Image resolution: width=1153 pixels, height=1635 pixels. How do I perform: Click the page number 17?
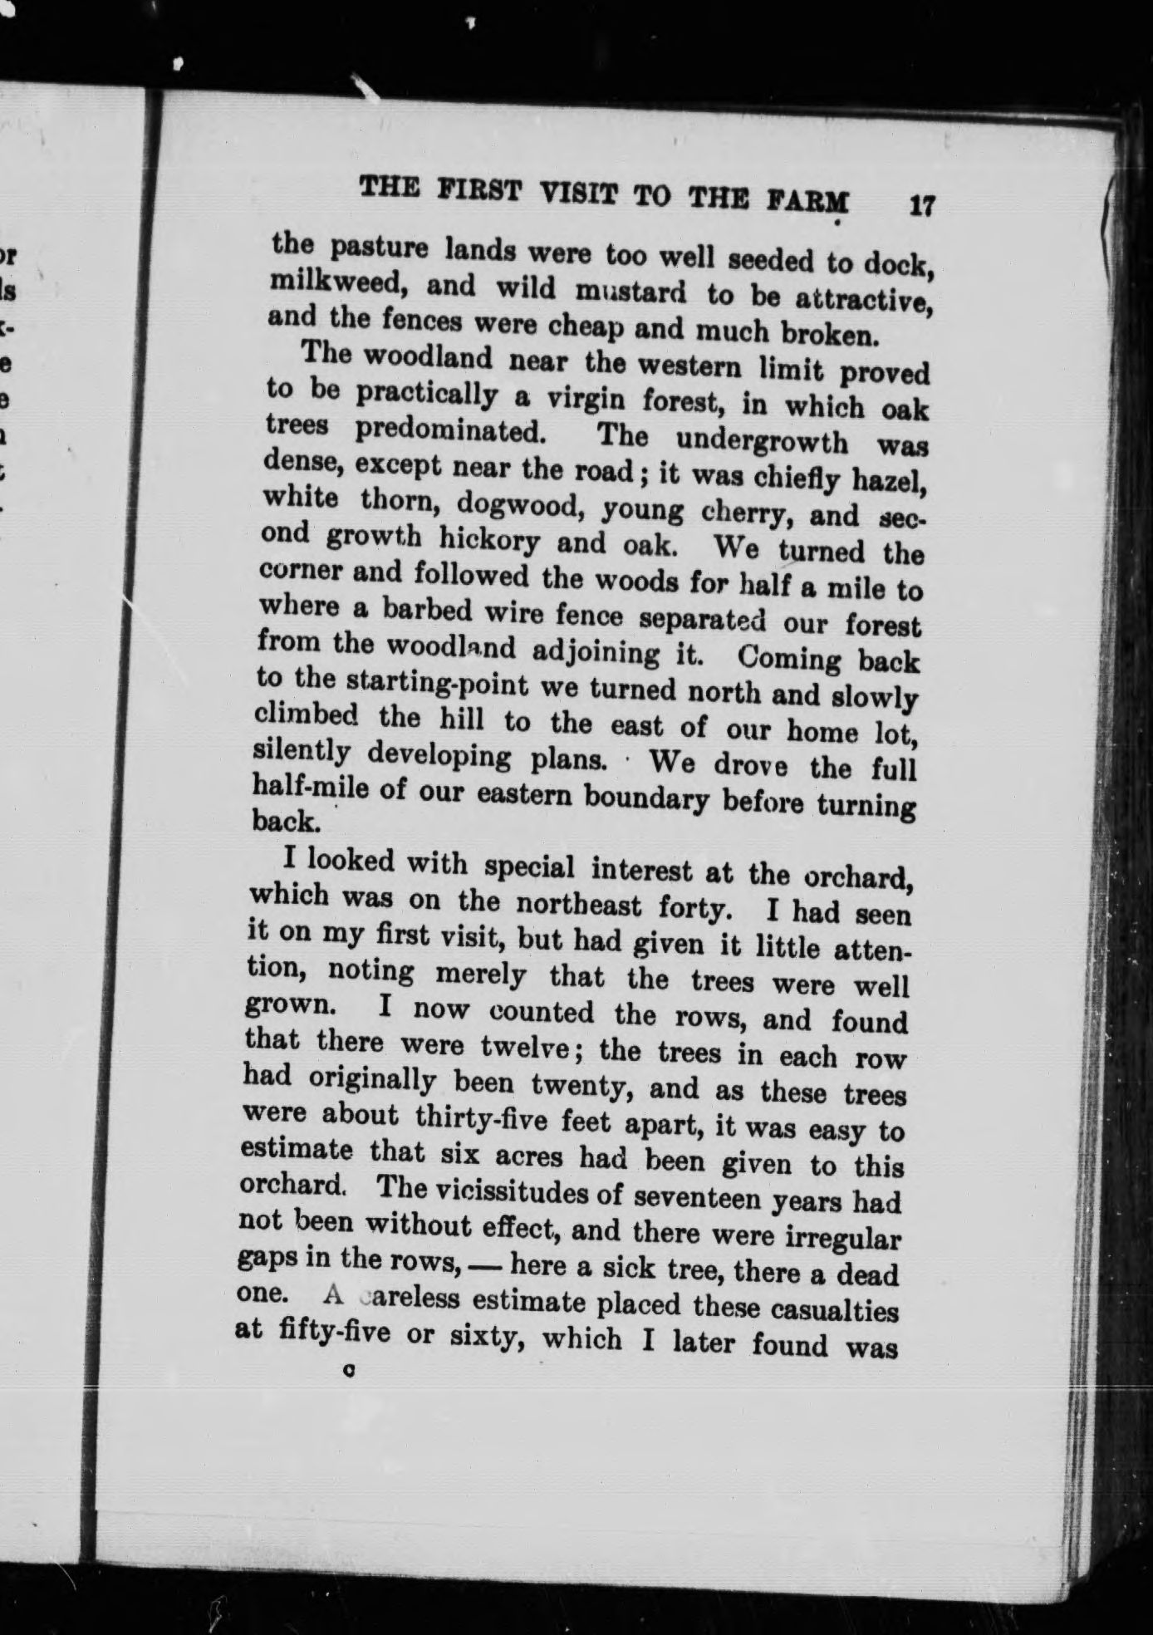pos(922,205)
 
